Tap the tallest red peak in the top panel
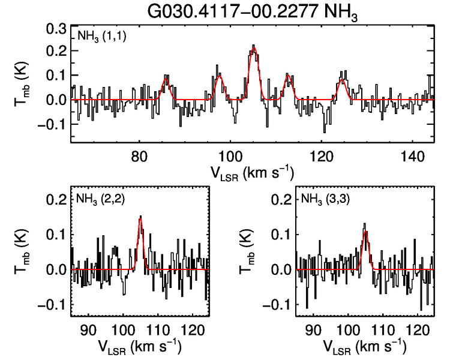[253, 49]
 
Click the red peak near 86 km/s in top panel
[166, 78]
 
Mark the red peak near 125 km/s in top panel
[342, 80]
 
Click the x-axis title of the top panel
[253, 173]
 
